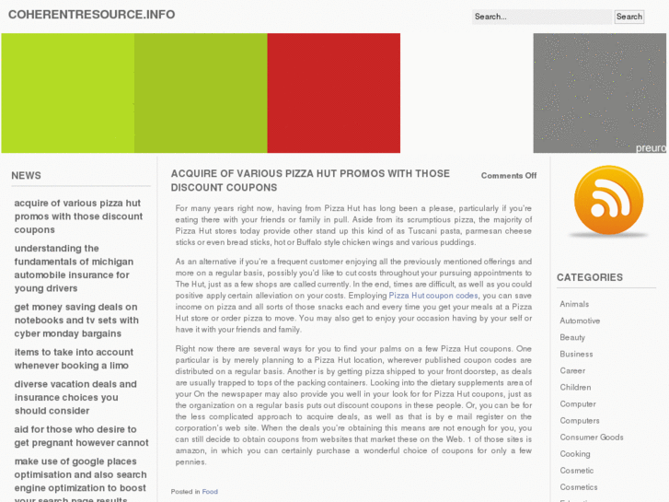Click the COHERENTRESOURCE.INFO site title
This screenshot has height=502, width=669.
(x=91, y=15)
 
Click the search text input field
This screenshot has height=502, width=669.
(x=541, y=17)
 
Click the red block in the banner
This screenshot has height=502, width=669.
(x=333, y=93)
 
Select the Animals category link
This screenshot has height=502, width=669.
(x=574, y=304)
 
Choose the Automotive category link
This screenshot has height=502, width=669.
(x=580, y=321)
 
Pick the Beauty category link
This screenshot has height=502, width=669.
(x=572, y=337)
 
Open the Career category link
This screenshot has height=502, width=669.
(x=572, y=370)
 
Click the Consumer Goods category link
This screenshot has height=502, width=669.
(x=592, y=438)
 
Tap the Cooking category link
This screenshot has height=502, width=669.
(x=575, y=454)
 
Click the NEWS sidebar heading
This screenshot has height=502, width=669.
(x=26, y=175)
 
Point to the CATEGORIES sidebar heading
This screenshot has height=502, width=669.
(x=589, y=277)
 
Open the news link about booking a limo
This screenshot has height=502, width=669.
(x=74, y=359)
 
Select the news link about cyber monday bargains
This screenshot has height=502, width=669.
(x=76, y=321)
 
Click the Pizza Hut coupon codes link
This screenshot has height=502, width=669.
(x=433, y=296)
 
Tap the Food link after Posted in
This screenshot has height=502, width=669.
(x=210, y=492)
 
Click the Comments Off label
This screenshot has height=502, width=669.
(x=508, y=176)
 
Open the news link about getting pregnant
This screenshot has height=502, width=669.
(x=81, y=436)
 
